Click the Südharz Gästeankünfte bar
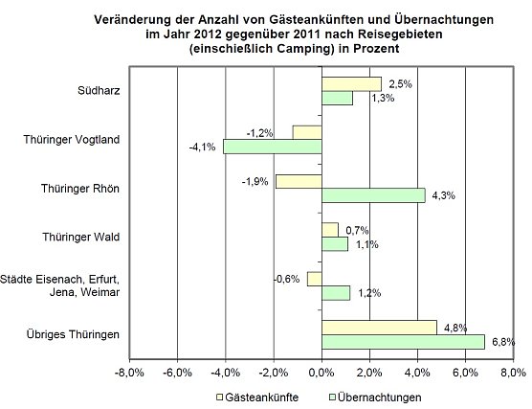pos(351,84)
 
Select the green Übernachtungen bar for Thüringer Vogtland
pos(272,147)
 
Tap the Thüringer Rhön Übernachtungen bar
pos(372,195)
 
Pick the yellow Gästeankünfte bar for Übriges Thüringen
pos(378,327)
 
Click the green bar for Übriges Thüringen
pos(402,342)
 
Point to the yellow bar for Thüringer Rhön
pos(298,181)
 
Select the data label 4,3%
pos(443,195)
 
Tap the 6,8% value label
pos(503,342)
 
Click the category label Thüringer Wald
pos(81,236)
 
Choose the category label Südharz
pos(100,91)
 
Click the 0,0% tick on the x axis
pos(321,371)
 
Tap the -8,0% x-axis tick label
pos(129,371)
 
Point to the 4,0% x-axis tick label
pos(417,371)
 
